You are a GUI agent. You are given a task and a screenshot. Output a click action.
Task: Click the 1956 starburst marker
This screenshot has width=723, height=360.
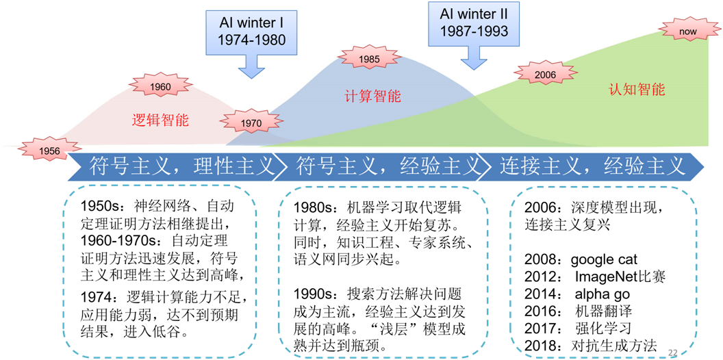[49, 150]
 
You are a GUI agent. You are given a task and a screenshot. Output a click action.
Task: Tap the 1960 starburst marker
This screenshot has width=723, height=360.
[160, 87]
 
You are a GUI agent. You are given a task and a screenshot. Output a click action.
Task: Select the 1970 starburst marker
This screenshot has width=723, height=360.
[251, 123]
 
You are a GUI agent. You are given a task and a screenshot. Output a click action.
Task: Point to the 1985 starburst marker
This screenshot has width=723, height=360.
[368, 60]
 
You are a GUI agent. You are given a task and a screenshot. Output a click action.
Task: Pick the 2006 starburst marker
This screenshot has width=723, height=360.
[545, 75]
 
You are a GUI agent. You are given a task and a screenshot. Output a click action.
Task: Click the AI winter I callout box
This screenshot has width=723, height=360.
[251, 31]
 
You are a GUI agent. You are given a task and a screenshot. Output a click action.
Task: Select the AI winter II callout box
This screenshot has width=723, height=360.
[473, 23]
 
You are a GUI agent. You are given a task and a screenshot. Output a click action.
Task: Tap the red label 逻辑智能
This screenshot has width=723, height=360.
[160, 121]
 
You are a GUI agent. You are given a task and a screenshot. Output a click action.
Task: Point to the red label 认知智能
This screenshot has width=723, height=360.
[637, 90]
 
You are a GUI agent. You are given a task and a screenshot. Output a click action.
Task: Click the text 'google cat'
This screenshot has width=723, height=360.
[603, 259]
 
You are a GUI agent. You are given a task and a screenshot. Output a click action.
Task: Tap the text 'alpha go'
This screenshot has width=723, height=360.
[602, 294]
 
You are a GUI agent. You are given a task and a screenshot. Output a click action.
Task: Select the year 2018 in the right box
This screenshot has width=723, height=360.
[541, 345]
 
